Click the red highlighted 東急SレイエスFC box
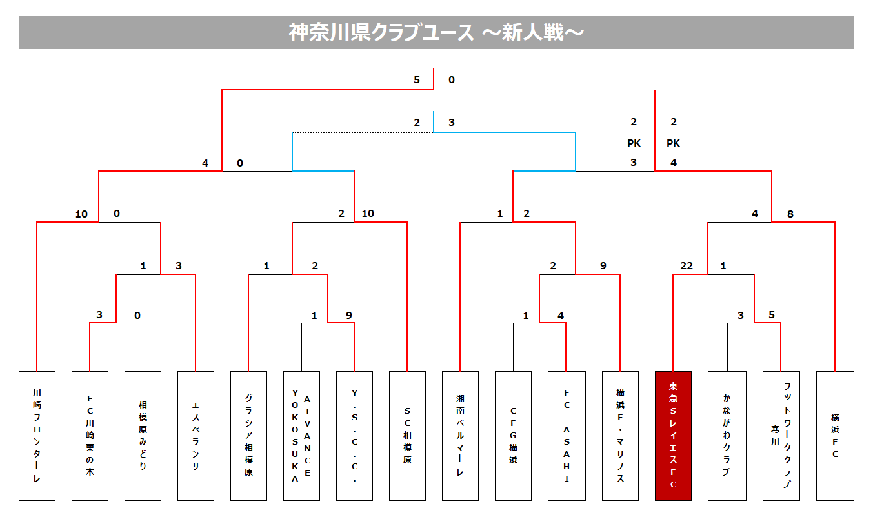click(673, 436)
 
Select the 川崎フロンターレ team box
click(37, 436)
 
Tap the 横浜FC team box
click(835, 436)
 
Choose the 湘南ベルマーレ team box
click(460, 436)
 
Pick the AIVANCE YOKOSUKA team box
click(302, 436)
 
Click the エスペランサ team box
click(196, 436)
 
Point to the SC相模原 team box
click(407, 436)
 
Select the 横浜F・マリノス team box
click(620, 436)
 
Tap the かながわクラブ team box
click(727, 436)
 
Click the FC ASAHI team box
click(567, 436)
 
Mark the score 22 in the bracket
click(687, 266)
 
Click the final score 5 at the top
click(417, 80)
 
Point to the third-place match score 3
click(451, 123)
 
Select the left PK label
click(634, 143)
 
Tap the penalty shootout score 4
click(674, 163)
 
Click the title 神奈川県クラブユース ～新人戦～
click(436, 32)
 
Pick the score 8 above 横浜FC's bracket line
click(790, 214)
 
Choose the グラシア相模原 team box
click(248, 436)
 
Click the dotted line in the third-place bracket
click(363, 132)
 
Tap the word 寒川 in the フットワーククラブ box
click(775, 436)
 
